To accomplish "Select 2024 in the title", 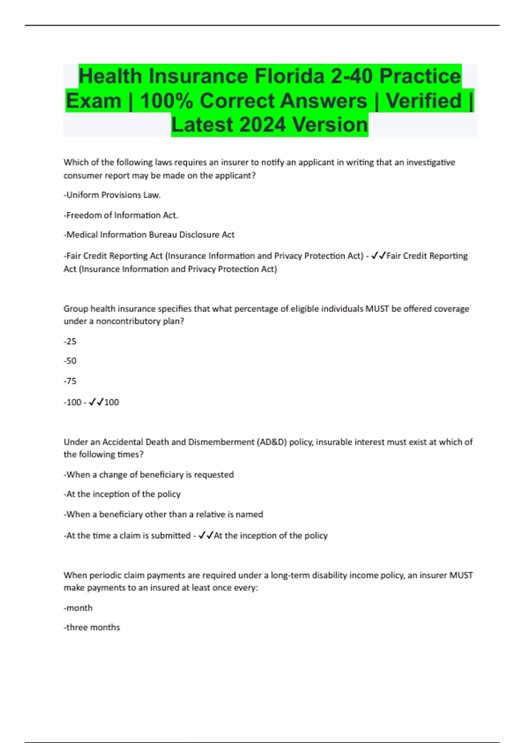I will pyautogui.click(x=263, y=125).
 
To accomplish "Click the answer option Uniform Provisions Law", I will pyautogui.click(x=112, y=195).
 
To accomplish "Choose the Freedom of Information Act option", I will pyautogui.click(x=121, y=215).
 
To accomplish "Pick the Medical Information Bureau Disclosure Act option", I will pyautogui.click(x=149, y=235).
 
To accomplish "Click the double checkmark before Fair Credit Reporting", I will pyautogui.click(x=378, y=256).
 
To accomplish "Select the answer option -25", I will pyautogui.click(x=70, y=341).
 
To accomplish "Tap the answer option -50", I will pyautogui.click(x=70, y=361).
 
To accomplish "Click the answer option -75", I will pyautogui.click(x=70, y=381).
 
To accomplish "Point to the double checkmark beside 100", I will pyautogui.click(x=96, y=402).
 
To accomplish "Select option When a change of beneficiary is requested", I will pyautogui.click(x=149, y=475).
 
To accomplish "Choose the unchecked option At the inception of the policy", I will pyautogui.click(x=122, y=494).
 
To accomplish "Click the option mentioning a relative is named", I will pyautogui.click(x=163, y=514).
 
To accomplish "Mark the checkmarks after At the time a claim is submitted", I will pyautogui.click(x=206, y=535).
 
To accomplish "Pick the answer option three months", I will pyautogui.click(x=92, y=628).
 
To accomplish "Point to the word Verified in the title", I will pyautogui.click(x=423, y=101).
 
